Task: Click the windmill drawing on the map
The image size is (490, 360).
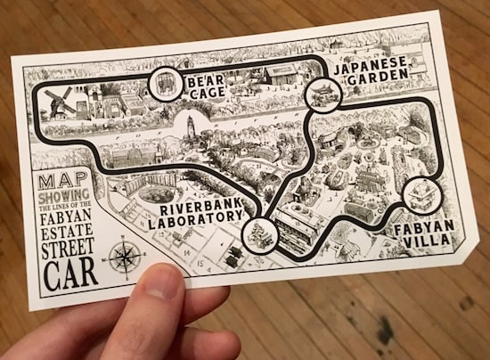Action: click(x=60, y=102)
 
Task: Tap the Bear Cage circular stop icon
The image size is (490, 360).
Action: click(x=164, y=85)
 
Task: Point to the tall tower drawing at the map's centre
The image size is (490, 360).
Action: click(x=189, y=130)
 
